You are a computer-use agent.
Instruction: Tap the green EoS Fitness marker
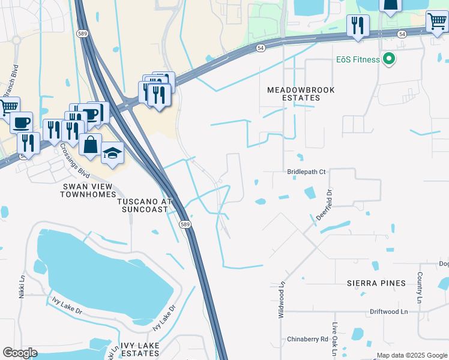click(x=388, y=59)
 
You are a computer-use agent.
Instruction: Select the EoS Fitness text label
click(x=357, y=59)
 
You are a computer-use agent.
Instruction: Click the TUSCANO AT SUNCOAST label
click(x=145, y=205)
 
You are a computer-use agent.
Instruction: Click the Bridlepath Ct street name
click(x=306, y=172)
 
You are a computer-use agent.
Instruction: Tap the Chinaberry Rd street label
click(x=307, y=339)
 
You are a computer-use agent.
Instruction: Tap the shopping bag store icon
click(x=90, y=145)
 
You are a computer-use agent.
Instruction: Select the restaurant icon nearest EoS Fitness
click(x=358, y=25)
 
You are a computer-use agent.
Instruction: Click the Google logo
click(x=20, y=353)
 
